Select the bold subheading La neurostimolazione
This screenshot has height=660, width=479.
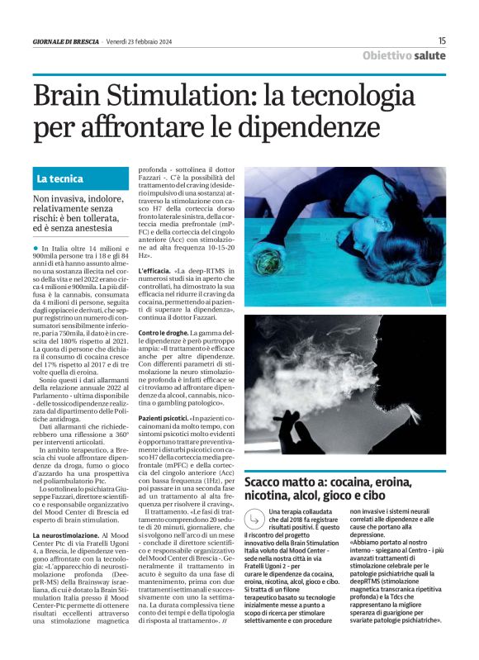point(69,536)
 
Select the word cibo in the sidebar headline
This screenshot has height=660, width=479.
point(394,495)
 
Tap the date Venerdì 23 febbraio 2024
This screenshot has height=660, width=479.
point(140,41)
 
